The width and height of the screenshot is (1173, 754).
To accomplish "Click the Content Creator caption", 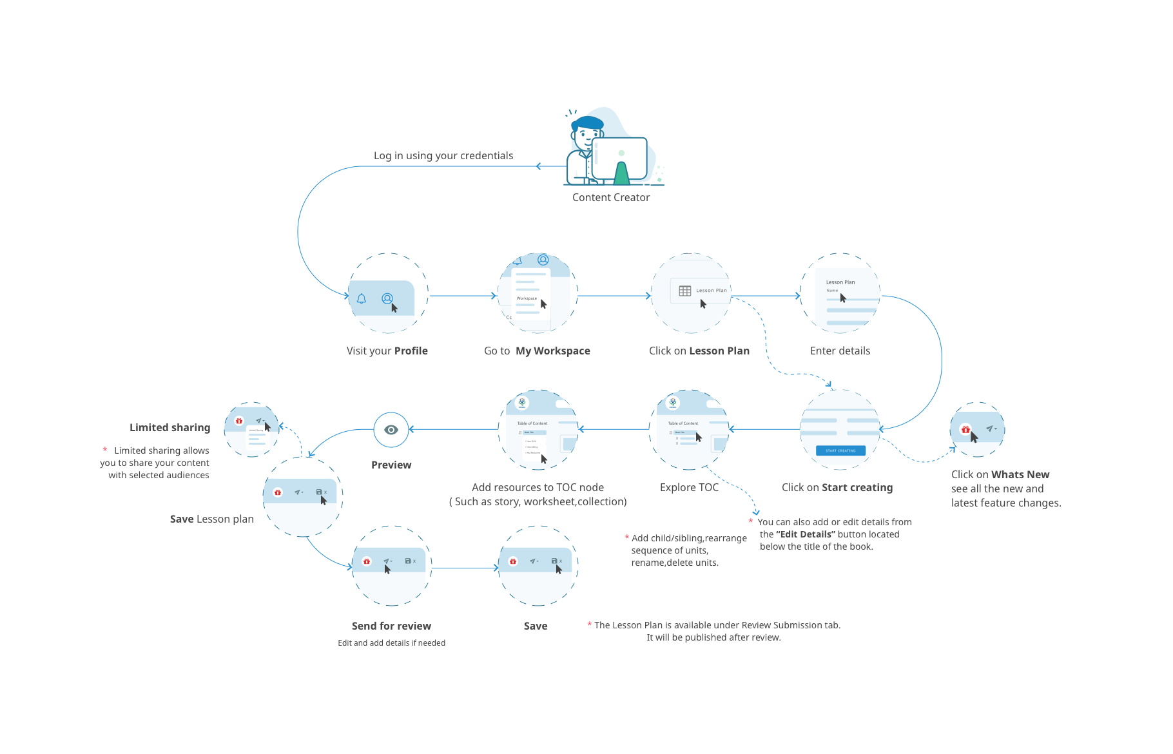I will point(610,198).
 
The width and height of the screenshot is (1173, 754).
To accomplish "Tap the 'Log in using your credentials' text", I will point(443,156).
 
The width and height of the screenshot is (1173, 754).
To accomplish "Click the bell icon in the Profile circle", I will point(362,298).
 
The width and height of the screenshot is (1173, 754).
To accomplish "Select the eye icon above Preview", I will point(391,430).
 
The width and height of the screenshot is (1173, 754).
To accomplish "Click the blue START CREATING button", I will point(840,450).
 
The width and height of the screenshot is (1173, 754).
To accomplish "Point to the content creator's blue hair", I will point(588,122).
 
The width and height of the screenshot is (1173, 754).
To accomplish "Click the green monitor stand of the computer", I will point(621,174).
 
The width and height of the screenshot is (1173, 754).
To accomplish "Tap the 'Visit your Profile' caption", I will point(387,351).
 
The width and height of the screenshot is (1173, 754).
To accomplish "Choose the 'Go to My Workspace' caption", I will point(537,351).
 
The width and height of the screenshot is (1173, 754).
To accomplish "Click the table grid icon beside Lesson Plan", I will point(685,291).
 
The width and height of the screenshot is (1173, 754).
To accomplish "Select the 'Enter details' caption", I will point(840,351).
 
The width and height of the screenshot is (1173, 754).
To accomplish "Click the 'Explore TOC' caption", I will point(689,488).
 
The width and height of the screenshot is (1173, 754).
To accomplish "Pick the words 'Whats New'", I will point(1020,475).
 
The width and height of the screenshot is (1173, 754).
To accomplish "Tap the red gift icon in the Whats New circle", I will point(965,429).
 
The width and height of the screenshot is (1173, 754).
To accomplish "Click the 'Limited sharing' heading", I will point(170,428).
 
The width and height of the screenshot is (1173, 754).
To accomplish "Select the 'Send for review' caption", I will point(391,626).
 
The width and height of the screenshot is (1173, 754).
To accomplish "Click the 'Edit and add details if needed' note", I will point(391,643).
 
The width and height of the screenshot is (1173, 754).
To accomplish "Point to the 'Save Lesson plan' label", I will point(211,519).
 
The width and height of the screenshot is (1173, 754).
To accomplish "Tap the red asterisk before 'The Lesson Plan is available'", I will point(590,624).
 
